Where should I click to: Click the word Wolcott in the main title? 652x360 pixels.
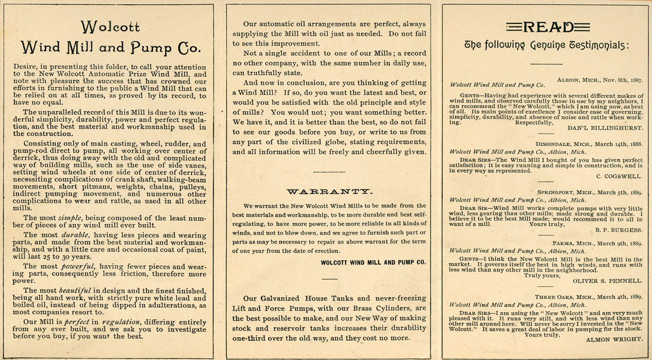[110, 27]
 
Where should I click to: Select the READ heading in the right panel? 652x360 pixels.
[547, 26]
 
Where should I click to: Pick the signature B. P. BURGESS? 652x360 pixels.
[618, 229]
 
